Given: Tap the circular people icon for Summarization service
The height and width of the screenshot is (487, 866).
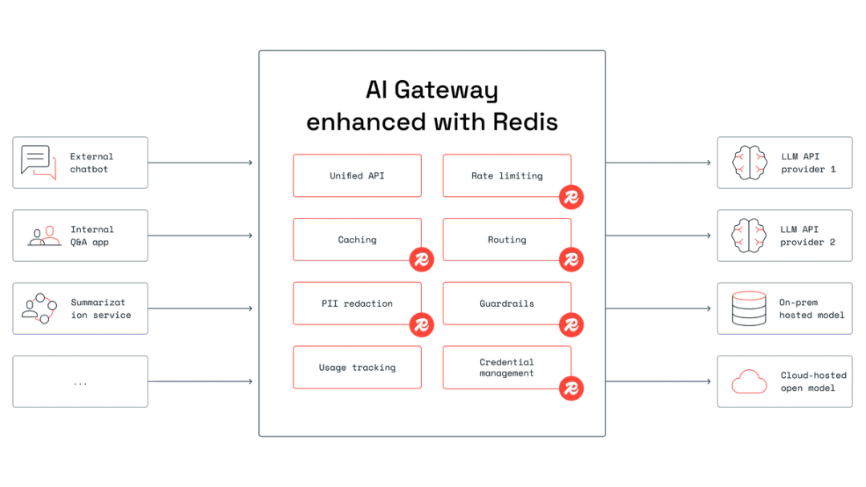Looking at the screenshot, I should (x=39, y=308).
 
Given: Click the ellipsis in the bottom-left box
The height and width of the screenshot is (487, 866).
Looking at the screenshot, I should (x=82, y=384).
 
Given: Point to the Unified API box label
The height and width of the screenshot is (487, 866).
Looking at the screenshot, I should (x=357, y=175).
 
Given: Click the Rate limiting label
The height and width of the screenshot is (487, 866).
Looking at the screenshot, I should (x=506, y=175).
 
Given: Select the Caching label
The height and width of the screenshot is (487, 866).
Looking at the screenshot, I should (x=357, y=239).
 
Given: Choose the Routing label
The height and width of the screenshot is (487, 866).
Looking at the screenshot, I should (x=506, y=239).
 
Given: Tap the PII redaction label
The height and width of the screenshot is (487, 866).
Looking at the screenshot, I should (x=357, y=304).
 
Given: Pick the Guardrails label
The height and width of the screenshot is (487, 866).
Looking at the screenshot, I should (x=506, y=304).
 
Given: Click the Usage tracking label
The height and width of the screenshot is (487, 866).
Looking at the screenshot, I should (x=357, y=368).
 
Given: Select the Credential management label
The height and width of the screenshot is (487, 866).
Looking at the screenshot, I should (x=506, y=368).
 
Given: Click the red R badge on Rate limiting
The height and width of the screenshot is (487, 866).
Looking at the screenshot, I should (x=571, y=196).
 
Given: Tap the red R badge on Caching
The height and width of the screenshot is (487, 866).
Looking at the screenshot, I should (x=422, y=259).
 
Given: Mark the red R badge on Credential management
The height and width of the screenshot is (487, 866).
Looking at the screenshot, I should (x=571, y=388).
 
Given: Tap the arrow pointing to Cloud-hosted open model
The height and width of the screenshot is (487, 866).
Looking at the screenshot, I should (x=707, y=384).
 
